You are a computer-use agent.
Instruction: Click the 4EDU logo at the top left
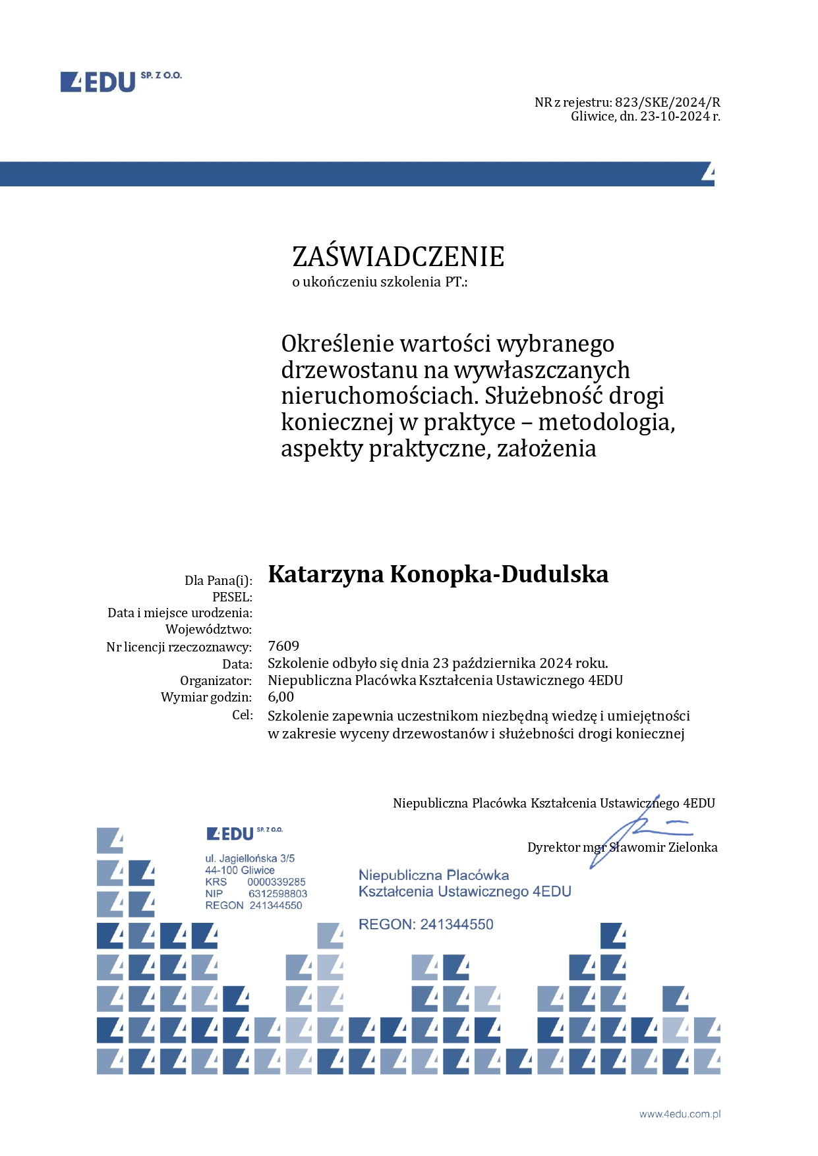(x=120, y=82)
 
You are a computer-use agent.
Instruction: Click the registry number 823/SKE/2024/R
(x=667, y=102)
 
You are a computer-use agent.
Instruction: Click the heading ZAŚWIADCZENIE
(x=398, y=257)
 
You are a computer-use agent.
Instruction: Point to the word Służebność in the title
(x=544, y=396)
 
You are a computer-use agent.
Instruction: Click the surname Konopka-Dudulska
(x=499, y=574)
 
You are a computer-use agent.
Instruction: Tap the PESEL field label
(x=232, y=597)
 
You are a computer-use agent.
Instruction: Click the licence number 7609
(x=283, y=646)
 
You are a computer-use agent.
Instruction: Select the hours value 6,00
(x=281, y=697)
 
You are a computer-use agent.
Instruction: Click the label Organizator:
(x=216, y=680)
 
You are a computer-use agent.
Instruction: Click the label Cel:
(x=242, y=715)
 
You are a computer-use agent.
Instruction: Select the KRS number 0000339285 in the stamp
(x=276, y=882)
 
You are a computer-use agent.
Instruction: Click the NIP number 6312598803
(x=278, y=894)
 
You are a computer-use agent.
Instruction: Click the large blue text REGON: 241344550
(x=426, y=925)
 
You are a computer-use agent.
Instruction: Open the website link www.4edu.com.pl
(x=680, y=1115)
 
